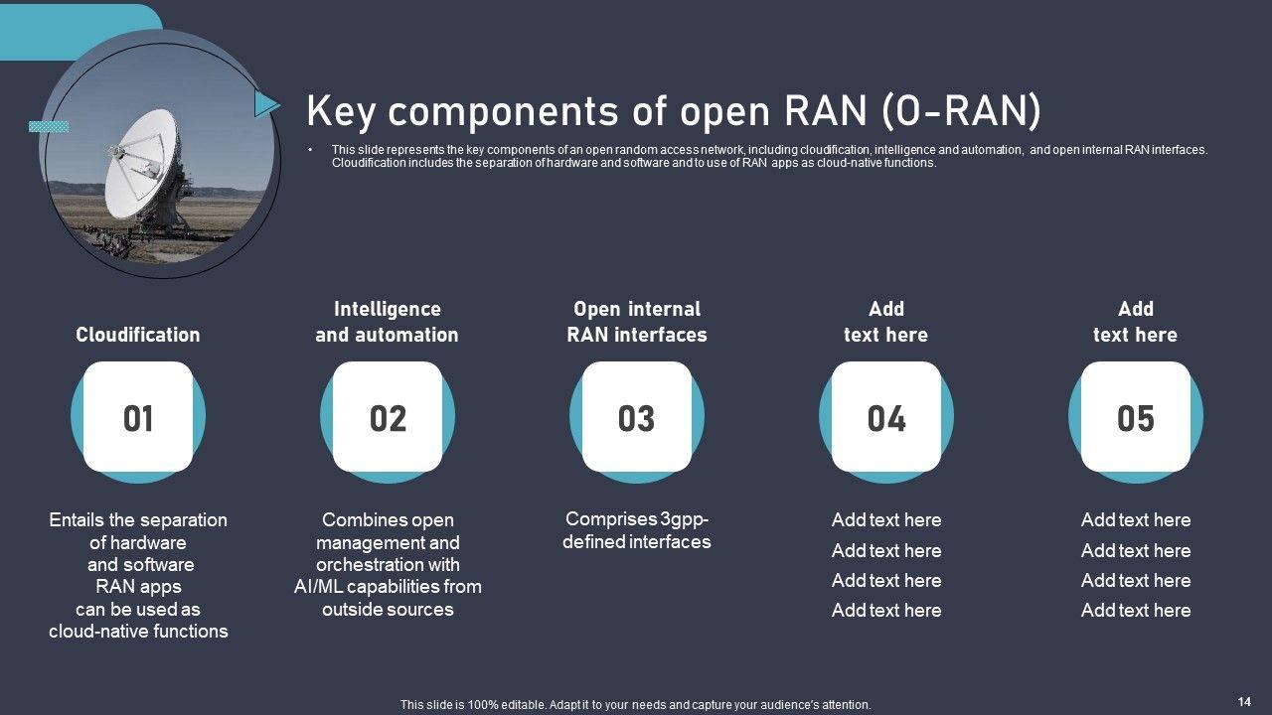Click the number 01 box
[138, 418]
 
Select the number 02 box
[388, 418]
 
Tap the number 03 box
[637, 418]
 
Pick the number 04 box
[886, 418]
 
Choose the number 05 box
[1136, 418]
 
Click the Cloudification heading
[138, 335]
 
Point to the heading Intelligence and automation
[387, 322]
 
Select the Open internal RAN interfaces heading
[637, 322]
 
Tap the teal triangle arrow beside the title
[265, 103]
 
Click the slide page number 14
[1244, 701]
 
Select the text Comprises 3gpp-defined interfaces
[637, 530]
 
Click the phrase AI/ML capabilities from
[388, 586]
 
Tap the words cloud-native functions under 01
[138, 631]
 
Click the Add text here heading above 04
[886, 322]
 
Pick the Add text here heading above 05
[1136, 322]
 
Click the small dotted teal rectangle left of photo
[49, 127]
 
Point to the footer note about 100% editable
[635, 705]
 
